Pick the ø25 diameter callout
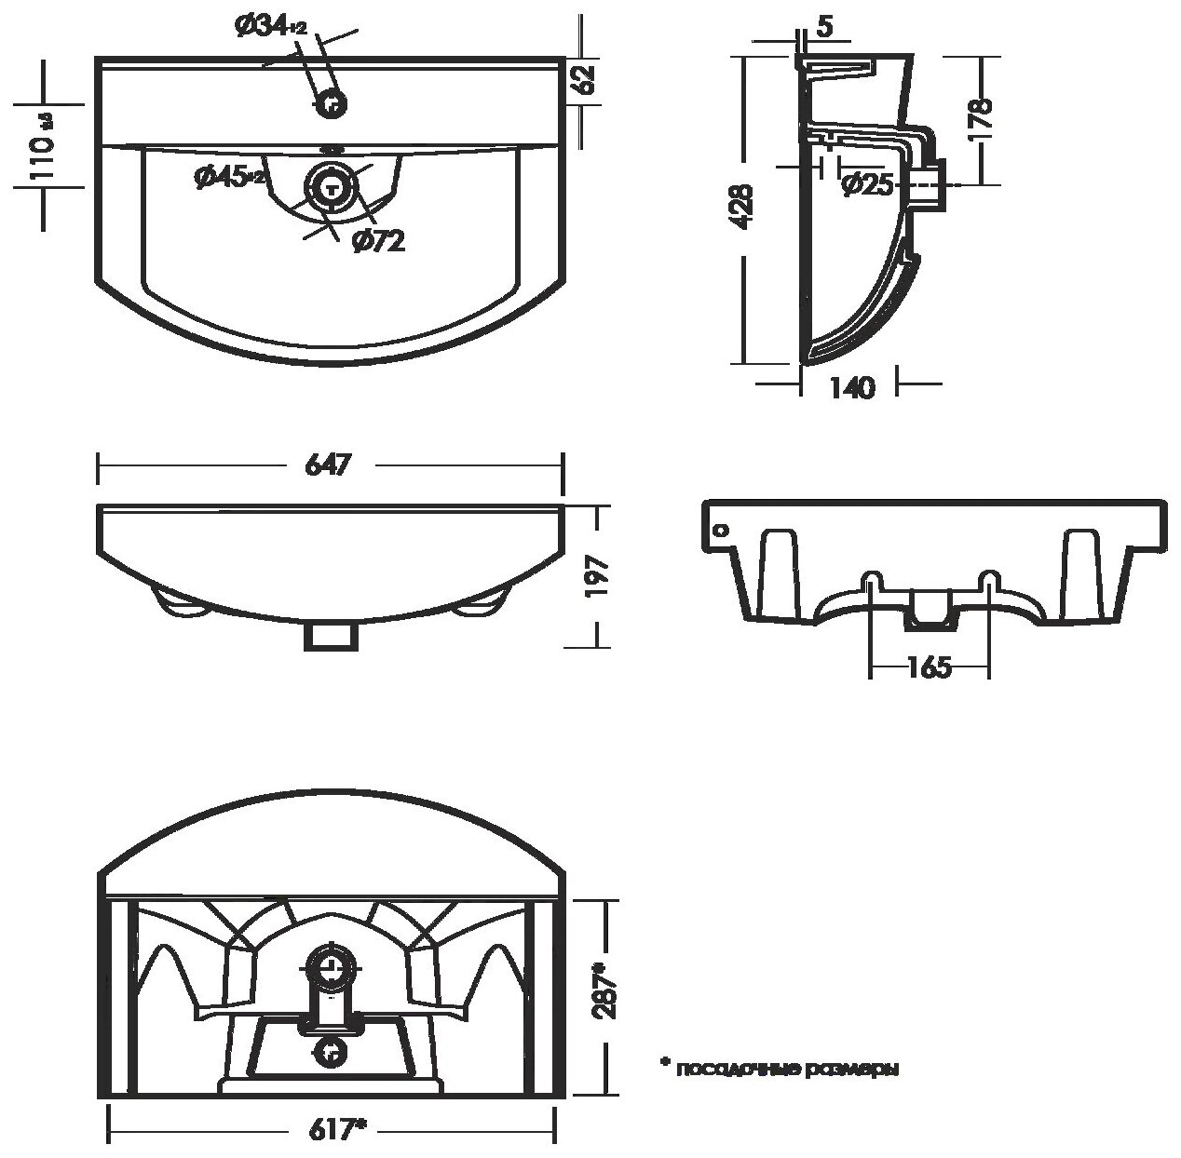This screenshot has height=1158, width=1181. coord(866,185)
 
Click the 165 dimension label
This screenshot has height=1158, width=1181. coord(927,667)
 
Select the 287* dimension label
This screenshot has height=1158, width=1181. coord(606,993)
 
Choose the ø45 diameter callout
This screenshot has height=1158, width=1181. coord(229,177)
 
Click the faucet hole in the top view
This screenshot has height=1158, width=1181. coord(331,104)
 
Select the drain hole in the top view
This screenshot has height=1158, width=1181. coord(331,184)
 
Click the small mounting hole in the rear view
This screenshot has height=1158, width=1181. coord(719,530)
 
